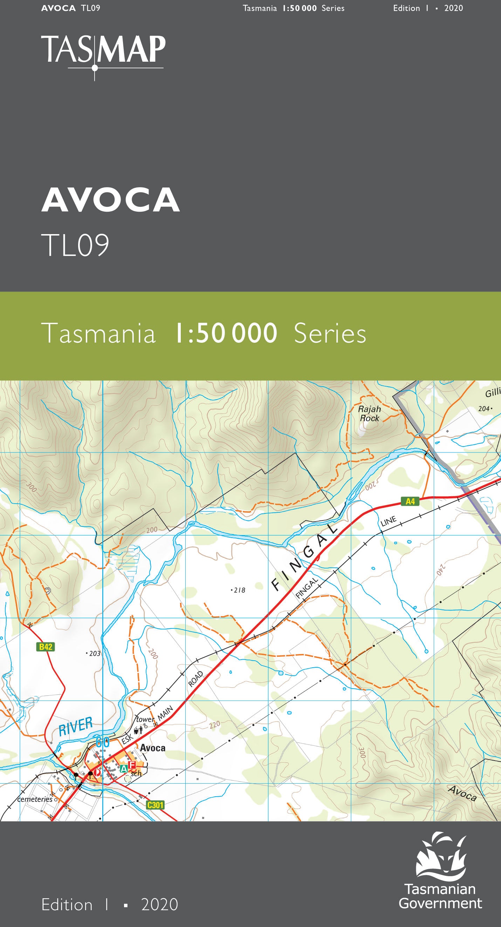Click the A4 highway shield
pyautogui.click(x=410, y=501)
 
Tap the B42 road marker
pyautogui.click(x=46, y=647)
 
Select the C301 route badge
pyautogui.click(x=155, y=805)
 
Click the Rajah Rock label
pyautogui.click(x=369, y=414)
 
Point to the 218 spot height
pyautogui.click(x=239, y=590)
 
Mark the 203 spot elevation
pyautogui.click(x=94, y=654)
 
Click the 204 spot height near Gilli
pyautogui.click(x=485, y=408)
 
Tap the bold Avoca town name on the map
pyautogui.click(x=152, y=748)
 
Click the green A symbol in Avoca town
pyautogui.click(x=124, y=769)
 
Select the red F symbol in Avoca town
pyautogui.click(x=132, y=765)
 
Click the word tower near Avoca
pyautogui.click(x=145, y=720)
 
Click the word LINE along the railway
pyautogui.click(x=389, y=521)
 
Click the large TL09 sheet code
pyautogui.click(x=75, y=245)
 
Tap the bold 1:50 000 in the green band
pyautogui.click(x=226, y=333)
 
